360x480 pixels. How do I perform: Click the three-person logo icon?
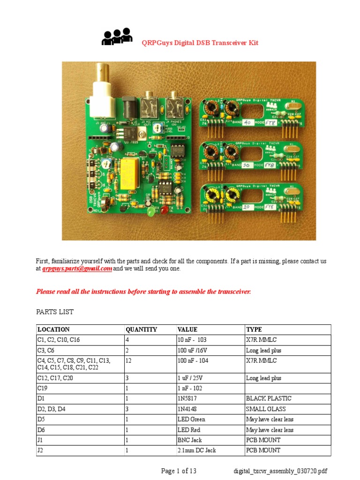tap(117, 37)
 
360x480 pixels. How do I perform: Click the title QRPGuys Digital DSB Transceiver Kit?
tap(200, 43)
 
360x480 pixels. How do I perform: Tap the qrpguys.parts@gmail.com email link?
tap(77, 269)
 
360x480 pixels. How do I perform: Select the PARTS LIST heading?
tap(55, 312)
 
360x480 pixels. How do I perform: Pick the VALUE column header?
tap(187, 330)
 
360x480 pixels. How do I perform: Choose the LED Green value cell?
tap(191, 419)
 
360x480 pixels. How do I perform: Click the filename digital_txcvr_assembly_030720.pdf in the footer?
tap(280, 471)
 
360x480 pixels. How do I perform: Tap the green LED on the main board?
tap(150, 212)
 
